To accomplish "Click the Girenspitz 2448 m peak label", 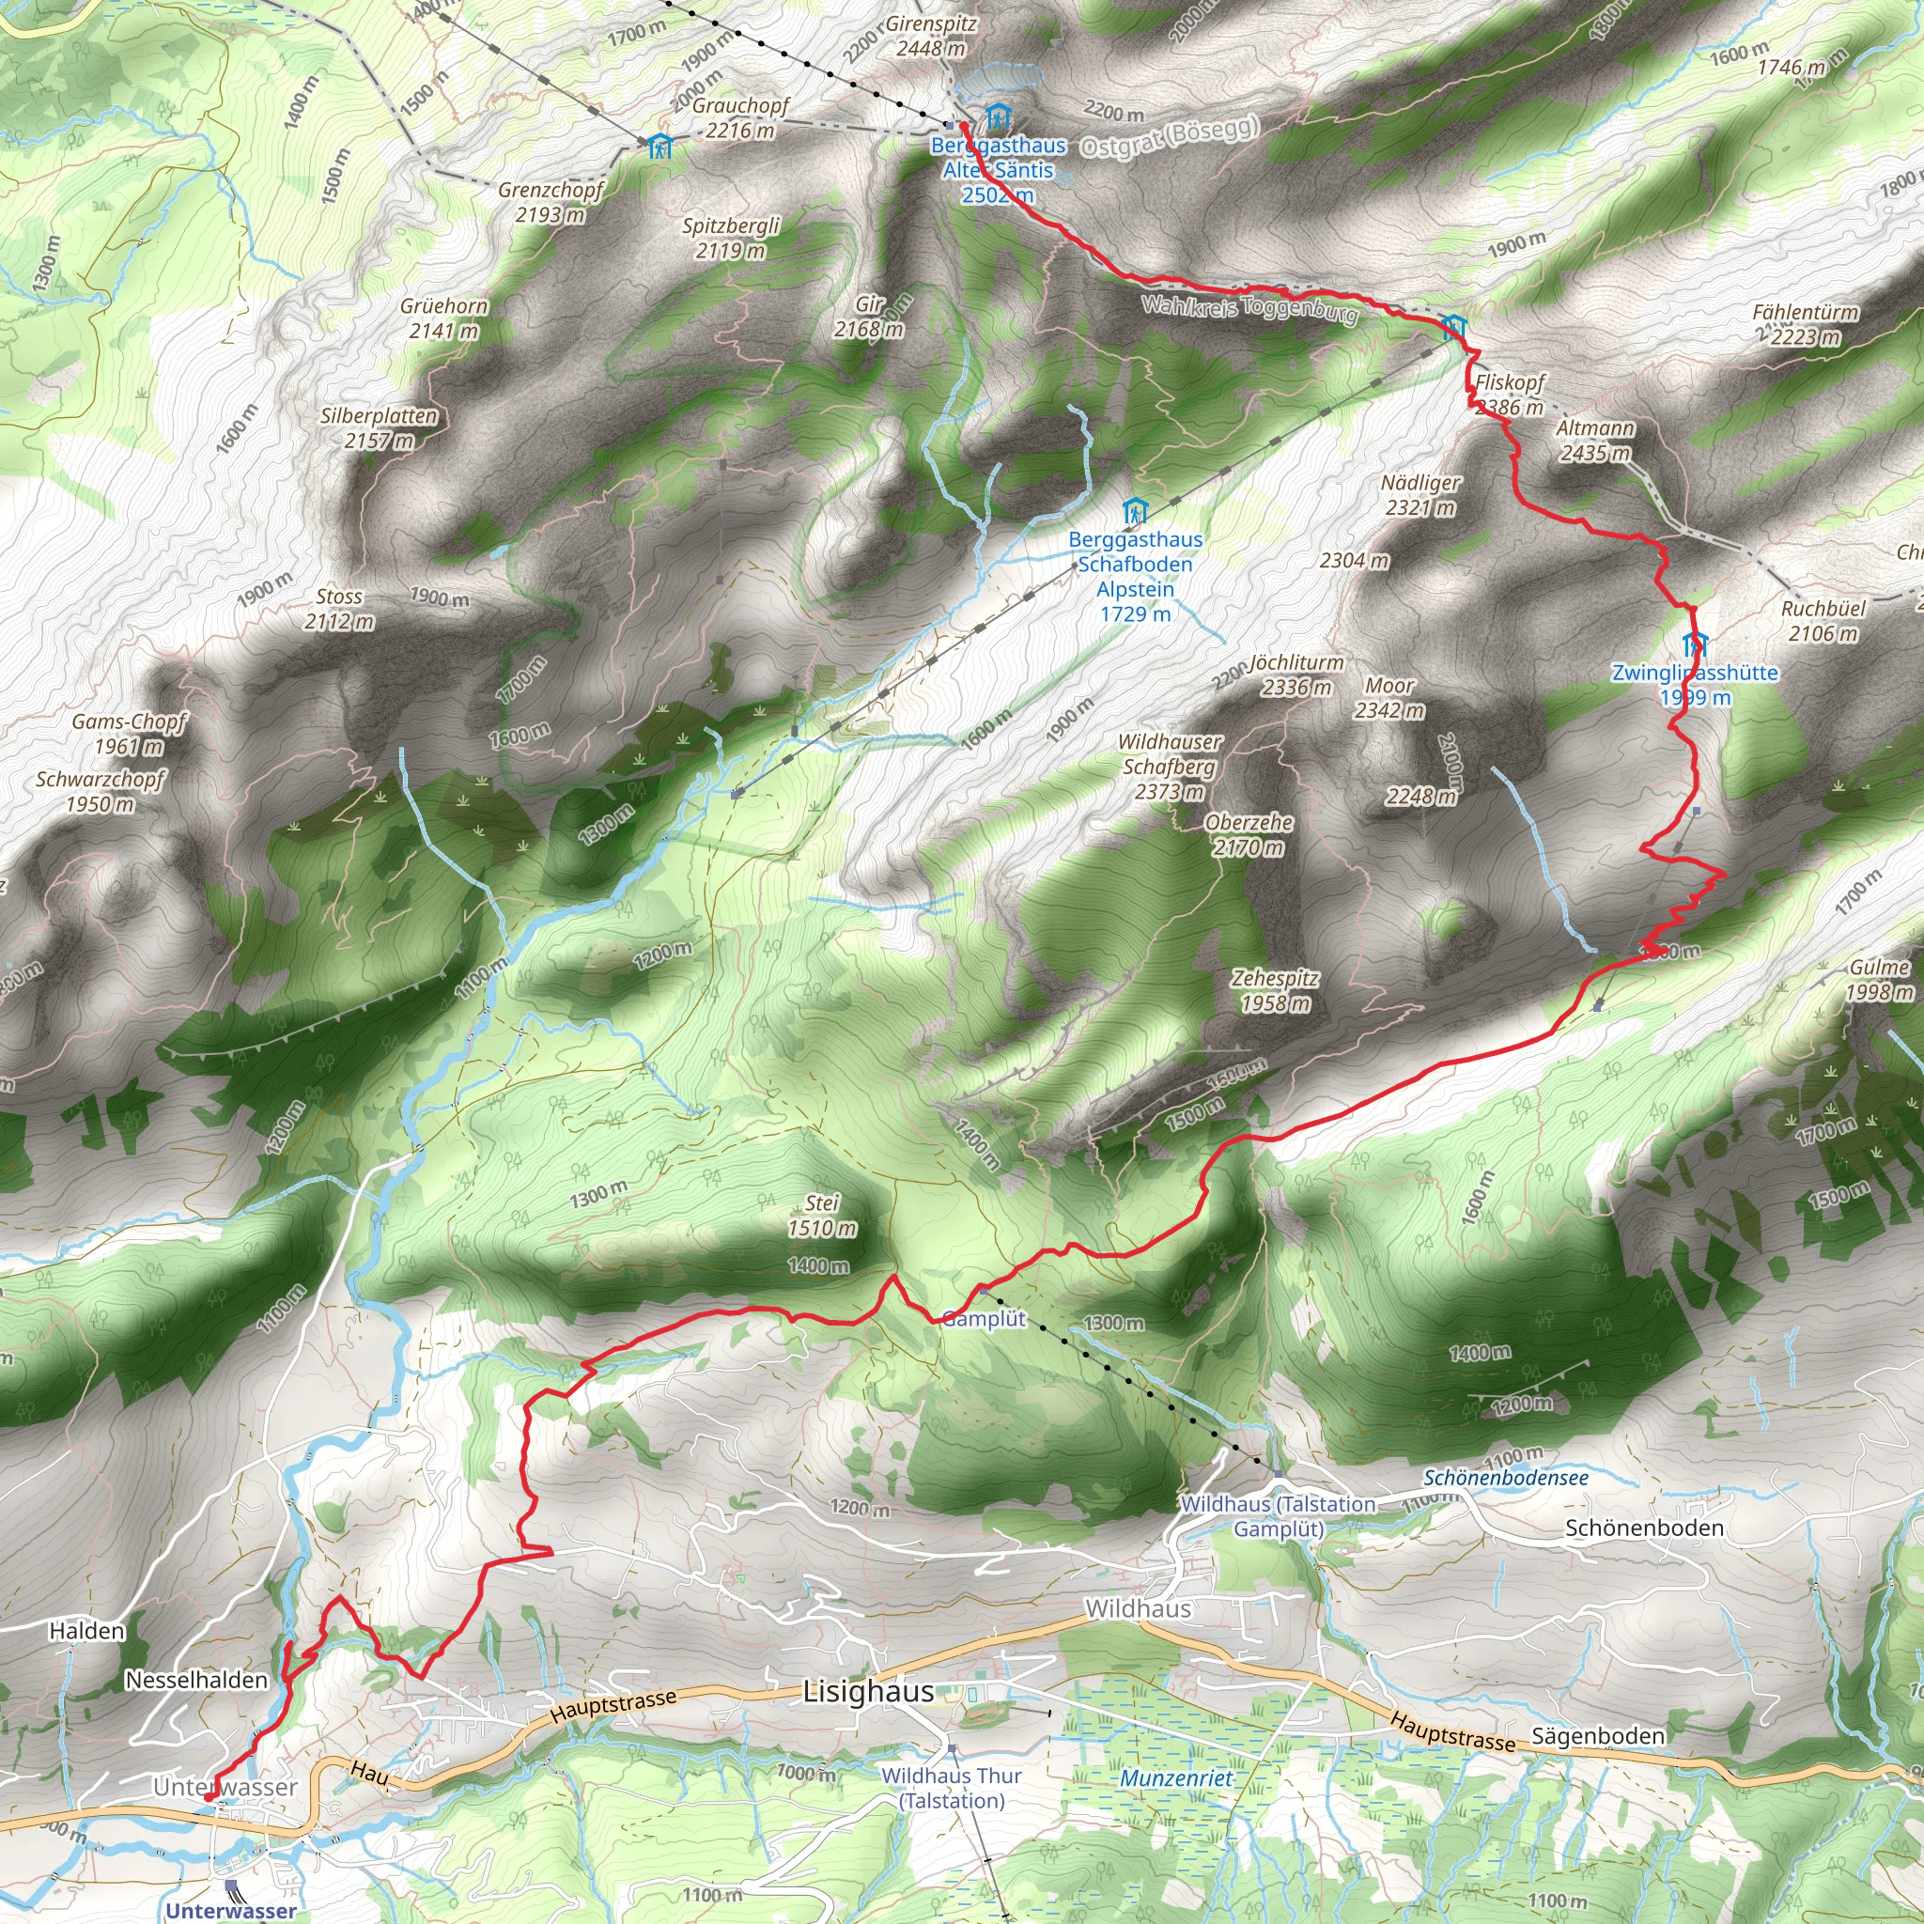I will (930, 36).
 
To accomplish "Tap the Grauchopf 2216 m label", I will (740, 117).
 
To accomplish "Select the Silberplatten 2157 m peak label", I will (379, 428).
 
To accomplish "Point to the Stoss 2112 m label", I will (339, 609).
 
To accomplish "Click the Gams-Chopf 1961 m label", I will (129, 734).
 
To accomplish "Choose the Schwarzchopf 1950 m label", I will (100, 792).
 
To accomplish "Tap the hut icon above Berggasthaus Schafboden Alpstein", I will (1134, 512).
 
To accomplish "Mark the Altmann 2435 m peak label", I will (1595, 441).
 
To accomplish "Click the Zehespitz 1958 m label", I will (1275, 991).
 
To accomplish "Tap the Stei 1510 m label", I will (822, 1215).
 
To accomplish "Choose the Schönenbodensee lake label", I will (1506, 1478).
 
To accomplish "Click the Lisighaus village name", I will (868, 1692).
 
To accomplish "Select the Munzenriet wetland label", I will (1176, 1777).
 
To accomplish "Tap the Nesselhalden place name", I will (196, 1680).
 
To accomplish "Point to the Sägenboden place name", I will (1597, 1737).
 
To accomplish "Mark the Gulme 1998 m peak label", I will (1879, 980).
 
